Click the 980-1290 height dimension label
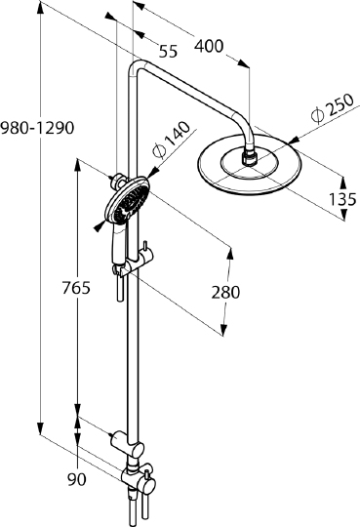(x=37, y=128)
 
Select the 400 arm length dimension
(x=209, y=46)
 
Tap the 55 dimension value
(x=168, y=52)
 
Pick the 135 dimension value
(x=341, y=199)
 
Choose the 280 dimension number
(x=225, y=292)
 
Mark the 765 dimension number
(x=76, y=288)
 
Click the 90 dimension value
(x=77, y=479)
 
